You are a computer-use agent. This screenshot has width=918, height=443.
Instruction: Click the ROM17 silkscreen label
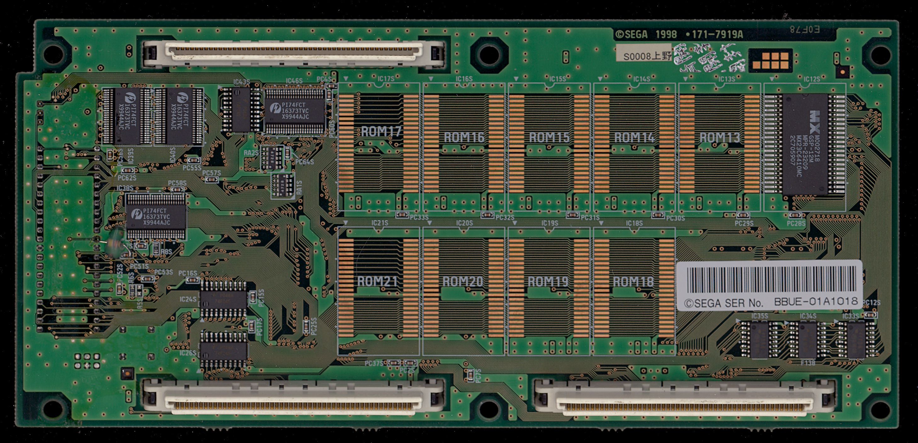(x=381, y=132)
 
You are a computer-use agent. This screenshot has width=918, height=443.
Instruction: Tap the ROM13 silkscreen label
(x=719, y=137)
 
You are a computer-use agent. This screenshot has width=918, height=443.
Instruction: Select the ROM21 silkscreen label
(x=377, y=281)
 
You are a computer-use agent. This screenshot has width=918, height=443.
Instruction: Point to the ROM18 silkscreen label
(x=633, y=282)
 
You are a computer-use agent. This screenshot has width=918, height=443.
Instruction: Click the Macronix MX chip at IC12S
(x=805, y=144)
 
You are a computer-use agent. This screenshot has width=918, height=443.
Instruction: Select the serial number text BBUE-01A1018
(x=816, y=302)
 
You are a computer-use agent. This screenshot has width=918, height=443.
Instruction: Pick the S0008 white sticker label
(x=643, y=56)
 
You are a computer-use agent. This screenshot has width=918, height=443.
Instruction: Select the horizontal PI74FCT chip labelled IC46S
(x=295, y=111)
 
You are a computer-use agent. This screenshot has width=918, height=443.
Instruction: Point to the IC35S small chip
(x=759, y=339)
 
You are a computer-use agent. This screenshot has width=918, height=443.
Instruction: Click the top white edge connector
(x=294, y=53)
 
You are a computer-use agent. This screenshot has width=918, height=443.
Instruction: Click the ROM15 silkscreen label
(x=549, y=137)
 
